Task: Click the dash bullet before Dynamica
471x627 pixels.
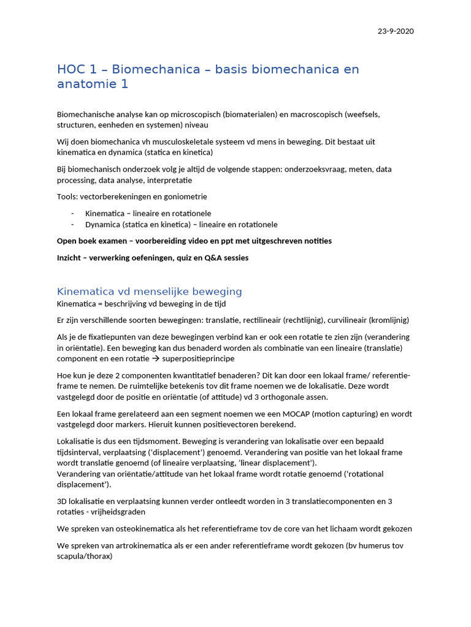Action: coord(72,225)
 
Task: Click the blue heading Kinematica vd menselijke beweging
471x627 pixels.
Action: coord(149,291)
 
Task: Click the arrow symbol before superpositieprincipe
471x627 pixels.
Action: coord(156,359)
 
